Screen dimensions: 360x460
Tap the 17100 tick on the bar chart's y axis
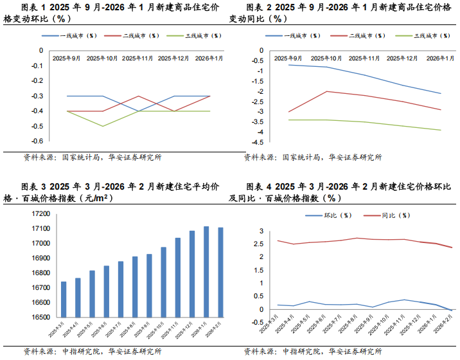coord(40,229)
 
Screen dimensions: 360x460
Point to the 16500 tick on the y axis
coord(40,317)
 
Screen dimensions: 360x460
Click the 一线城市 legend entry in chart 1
coord(78,36)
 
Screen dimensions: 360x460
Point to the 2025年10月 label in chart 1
coord(102,59)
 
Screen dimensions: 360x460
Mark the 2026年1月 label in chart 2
coord(441,59)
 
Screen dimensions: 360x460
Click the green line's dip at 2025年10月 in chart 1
coord(102,126)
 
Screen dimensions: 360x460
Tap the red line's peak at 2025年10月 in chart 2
coord(326,91)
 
